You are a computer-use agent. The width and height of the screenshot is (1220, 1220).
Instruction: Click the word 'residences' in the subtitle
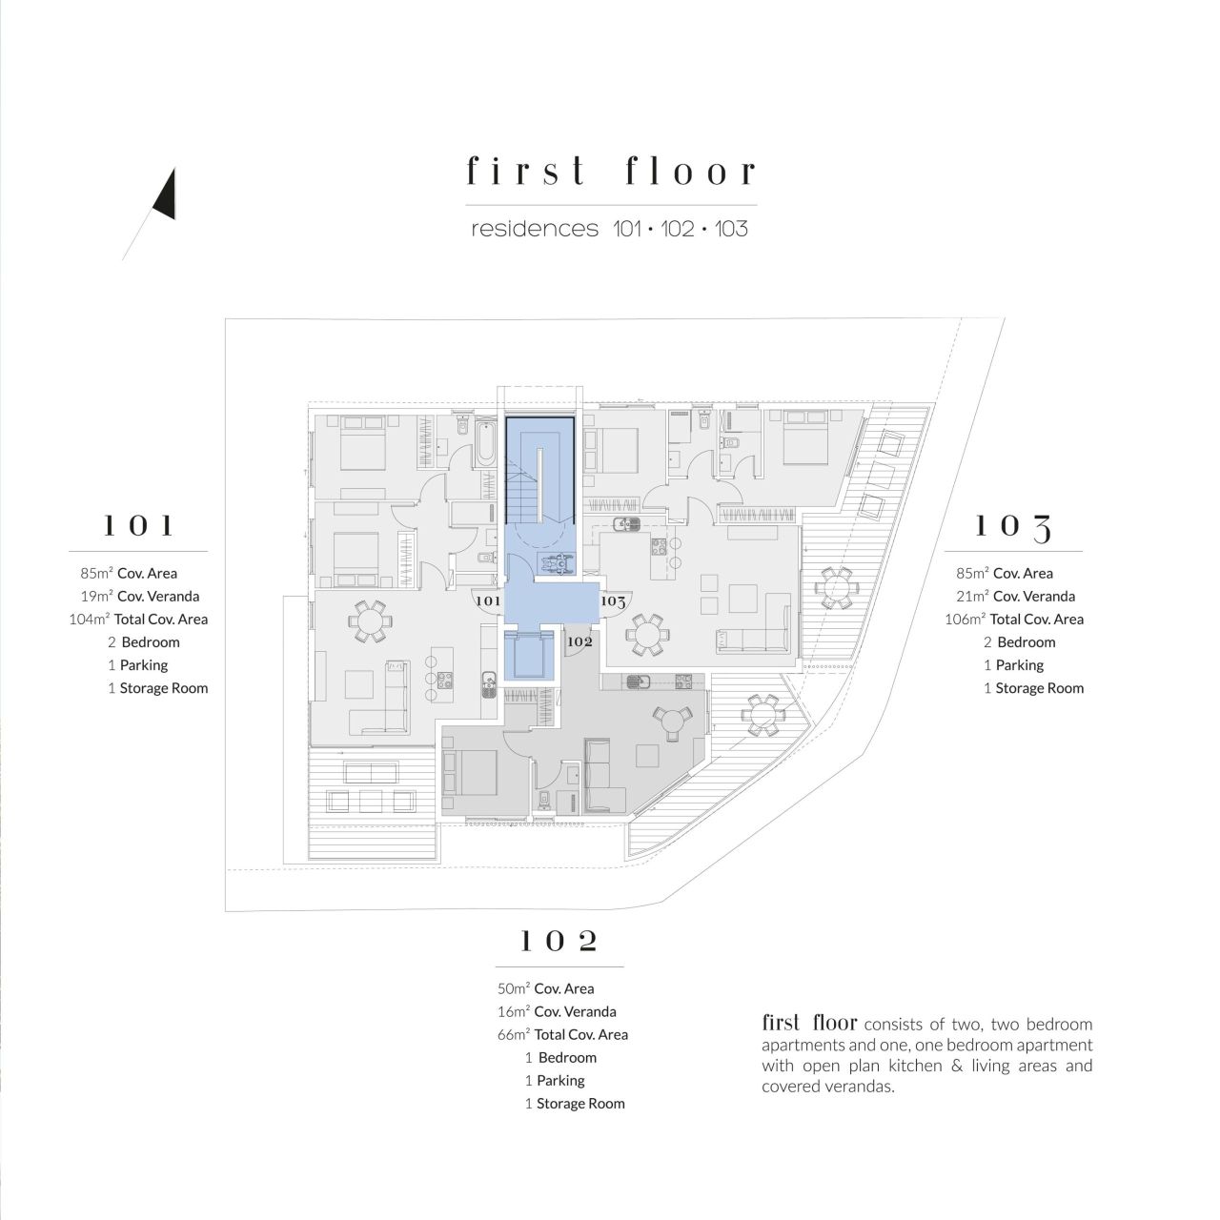coord(534,230)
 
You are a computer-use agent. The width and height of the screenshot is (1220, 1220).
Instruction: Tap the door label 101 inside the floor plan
coord(487,601)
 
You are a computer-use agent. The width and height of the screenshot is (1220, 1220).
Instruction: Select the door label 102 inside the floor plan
coord(579,641)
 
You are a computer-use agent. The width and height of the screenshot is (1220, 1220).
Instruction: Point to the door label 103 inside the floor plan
coord(613,601)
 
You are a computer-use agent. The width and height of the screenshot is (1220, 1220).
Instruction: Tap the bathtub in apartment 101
coord(485,446)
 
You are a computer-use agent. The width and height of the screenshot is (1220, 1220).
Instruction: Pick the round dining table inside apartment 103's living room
coord(648,631)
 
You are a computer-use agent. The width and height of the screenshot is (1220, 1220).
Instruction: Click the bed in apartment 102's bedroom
coord(472,773)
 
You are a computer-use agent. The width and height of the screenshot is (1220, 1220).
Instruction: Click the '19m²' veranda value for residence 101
coord(96,597)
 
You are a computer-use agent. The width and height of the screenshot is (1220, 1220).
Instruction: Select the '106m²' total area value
coord(965,620)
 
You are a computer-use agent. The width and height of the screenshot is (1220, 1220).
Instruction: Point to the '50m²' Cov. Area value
coord(513,989)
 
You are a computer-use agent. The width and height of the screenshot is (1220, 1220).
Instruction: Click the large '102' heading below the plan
coord(559,942)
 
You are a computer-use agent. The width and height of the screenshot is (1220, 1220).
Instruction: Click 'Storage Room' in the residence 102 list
coord(580,1104)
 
